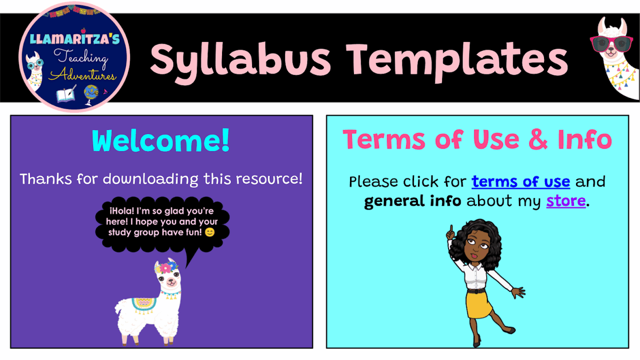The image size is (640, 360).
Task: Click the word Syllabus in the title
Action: tap(240, 58)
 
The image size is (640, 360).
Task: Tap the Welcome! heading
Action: tap(161, 141)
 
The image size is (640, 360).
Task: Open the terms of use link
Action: tap(520, 181)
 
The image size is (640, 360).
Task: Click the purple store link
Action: tap(565, 201)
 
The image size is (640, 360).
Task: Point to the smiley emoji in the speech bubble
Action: tap(209, 232)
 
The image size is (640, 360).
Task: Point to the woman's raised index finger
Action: tap(450, 230)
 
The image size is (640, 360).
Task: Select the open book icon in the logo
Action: tap(66, 94)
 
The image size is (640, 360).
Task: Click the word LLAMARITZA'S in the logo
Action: tap(75, 39)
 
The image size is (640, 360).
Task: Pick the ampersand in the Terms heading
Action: tap(537, 139)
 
